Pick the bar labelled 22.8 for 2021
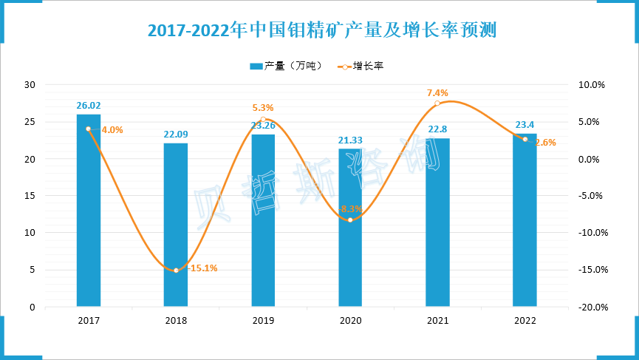pos(437,222)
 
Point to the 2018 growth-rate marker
pos(176,271)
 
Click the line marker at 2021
pos(437,103)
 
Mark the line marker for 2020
pos(350,220)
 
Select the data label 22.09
pos(176,135)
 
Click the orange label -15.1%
pos(202,268)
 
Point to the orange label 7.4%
pos(437,93)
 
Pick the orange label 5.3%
pos(263,108)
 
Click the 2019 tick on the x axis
pos(263,321)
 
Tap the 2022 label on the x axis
pos(524,321)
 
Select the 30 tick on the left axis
pos(30,85)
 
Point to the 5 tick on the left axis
pos(33,270)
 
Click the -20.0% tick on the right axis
pos(591,307)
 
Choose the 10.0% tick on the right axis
pos(591,85)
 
